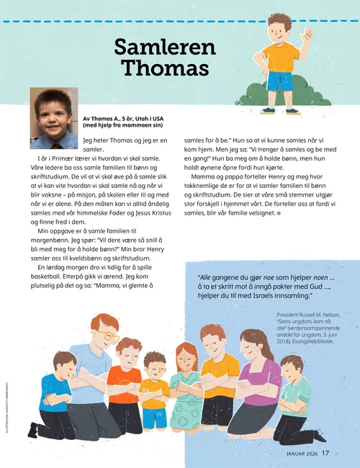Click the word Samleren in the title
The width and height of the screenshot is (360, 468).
[165, 48]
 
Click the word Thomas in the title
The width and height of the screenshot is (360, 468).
[165, 69]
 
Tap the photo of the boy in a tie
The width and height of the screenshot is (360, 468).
[53, 109]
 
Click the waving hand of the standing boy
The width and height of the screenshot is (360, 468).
[307, 35]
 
